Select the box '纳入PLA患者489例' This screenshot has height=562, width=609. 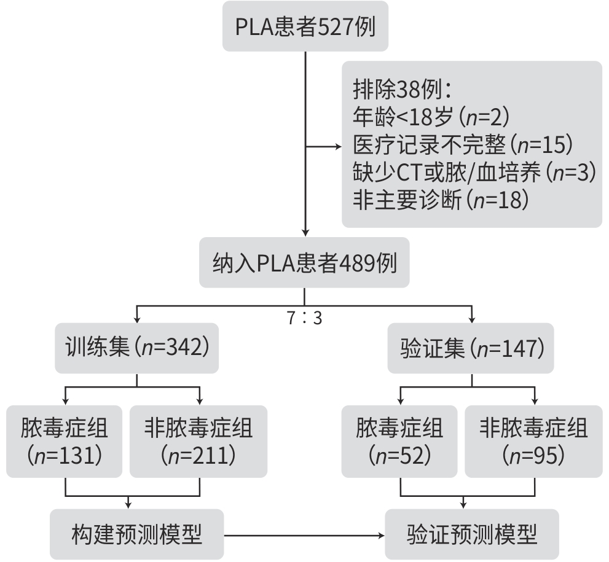[304, 263]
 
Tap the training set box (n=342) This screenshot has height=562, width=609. [136, 348]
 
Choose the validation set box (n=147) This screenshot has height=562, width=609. [472, 348]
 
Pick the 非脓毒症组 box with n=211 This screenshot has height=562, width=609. [198, 441]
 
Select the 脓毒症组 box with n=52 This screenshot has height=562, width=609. [399, 441]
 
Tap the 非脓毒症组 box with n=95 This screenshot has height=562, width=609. [533, 441]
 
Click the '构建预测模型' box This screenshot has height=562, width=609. [136, 534]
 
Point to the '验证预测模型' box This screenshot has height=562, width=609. [472, 534]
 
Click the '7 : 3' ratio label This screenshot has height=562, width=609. [304, 319]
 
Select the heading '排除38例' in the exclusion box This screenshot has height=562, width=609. [403, 90]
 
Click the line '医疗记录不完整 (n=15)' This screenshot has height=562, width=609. [463, 145]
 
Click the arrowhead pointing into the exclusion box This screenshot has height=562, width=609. [338, 147]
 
